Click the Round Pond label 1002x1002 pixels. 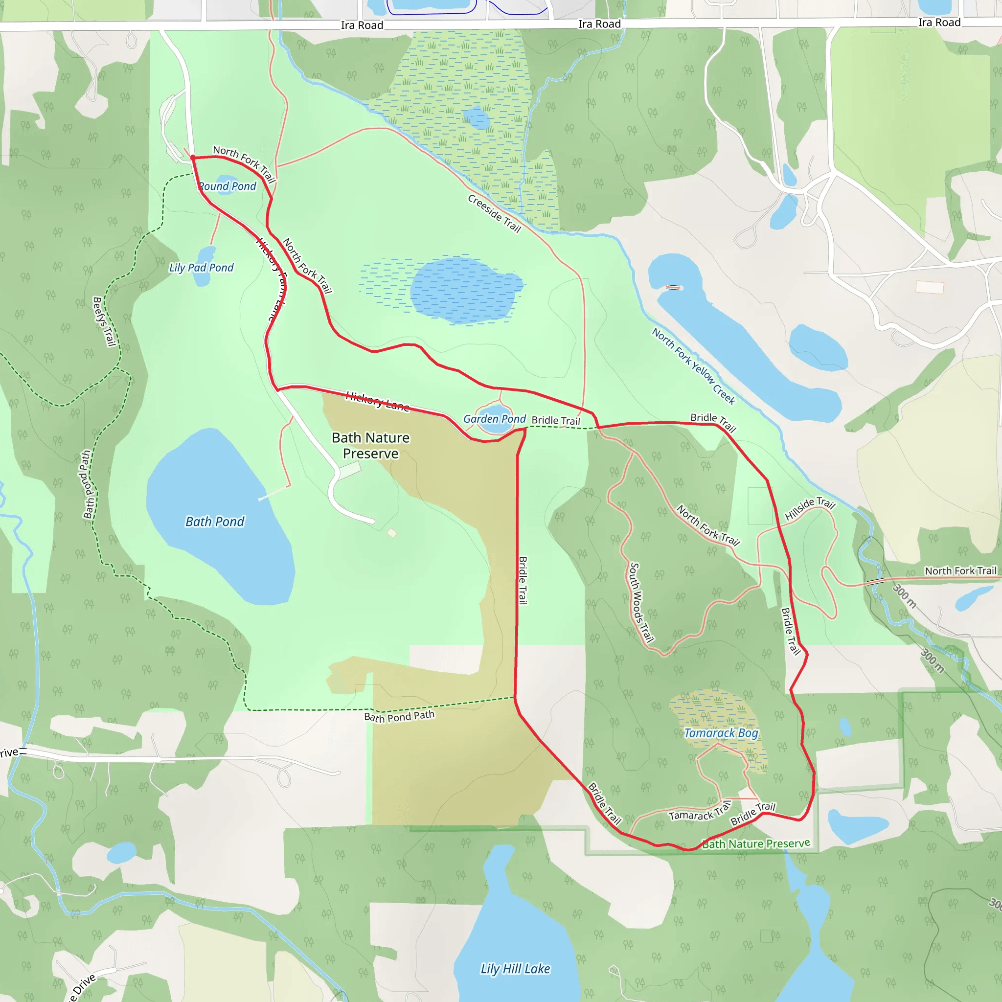[227, 186]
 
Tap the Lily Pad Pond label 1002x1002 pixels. [201, 268]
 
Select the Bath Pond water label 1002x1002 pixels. [215, 522]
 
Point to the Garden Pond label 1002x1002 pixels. [494, 419]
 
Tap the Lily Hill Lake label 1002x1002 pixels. [515, 969]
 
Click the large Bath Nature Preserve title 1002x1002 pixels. [371, 446]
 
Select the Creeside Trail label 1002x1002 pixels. [494, 214]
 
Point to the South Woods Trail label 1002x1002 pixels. [640, 603]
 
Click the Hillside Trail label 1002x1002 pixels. [810, 508]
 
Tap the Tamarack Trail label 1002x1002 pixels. [700, 812]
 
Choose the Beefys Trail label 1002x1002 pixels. [104, 321]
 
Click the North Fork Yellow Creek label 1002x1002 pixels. [693, 366]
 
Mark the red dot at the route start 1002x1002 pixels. [193, 157]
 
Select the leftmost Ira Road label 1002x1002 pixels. [362, 25]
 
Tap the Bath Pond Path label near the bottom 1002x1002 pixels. [399, 716]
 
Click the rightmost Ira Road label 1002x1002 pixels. [939, 23]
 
